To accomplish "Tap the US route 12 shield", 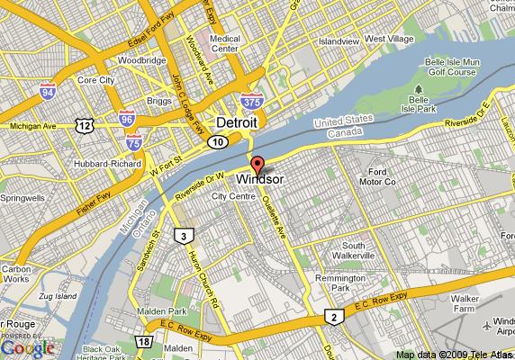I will point(85,124).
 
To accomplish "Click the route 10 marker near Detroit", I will point(217,141).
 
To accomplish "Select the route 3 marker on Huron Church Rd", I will point(183,237).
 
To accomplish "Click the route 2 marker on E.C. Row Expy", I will point(334,316).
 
